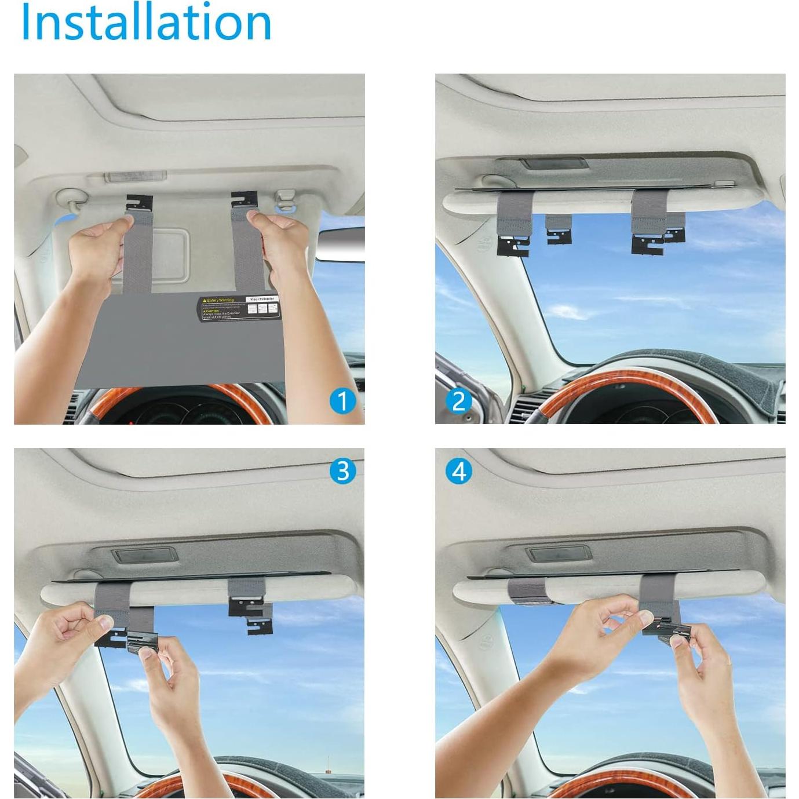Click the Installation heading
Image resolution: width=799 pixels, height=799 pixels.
(x=146, y=22)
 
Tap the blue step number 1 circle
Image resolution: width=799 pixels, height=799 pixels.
(x=342, y=401)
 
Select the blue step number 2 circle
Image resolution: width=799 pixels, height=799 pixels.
(x=459, y=401)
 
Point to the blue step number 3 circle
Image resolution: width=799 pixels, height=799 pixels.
(x=342, y=471)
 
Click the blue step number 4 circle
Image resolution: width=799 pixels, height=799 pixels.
(x=459, y=471)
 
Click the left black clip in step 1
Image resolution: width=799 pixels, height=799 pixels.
(x=140, y=204)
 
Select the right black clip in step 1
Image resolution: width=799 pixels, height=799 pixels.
(x=243, y=200)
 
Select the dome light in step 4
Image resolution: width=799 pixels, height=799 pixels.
(x=555, y=554)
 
